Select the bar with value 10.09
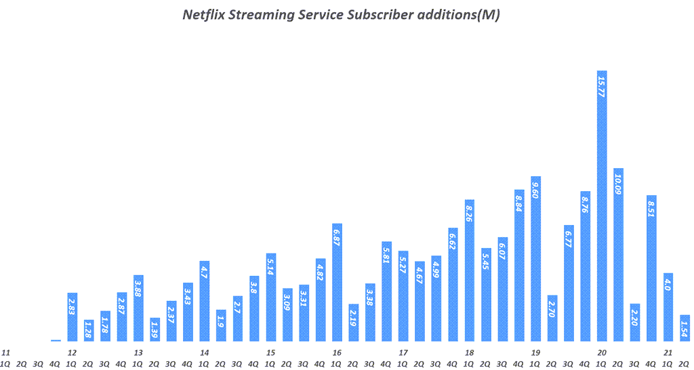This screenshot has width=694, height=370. click(x=618, y=255)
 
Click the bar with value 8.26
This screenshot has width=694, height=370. click(x=469, y=270)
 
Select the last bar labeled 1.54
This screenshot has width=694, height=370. click(x=685, y=328)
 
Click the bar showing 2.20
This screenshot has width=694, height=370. click(x=635, y=323)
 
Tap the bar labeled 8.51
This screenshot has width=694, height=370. click(x=651, y=268)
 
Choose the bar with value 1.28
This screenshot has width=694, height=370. click(x=89, y=331)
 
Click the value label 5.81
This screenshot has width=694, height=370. click(x=386, y=255)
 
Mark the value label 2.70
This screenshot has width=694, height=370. click(x=552, y=309)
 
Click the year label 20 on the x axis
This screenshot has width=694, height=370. click(x=602, y=352)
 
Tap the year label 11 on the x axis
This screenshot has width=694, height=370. click(x=5, y=352)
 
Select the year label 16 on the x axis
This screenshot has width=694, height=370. click(x=337, y=352)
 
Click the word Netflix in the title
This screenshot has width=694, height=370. click(x=205, y=15)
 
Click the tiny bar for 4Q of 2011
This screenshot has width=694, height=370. click(x=56, y=340)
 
